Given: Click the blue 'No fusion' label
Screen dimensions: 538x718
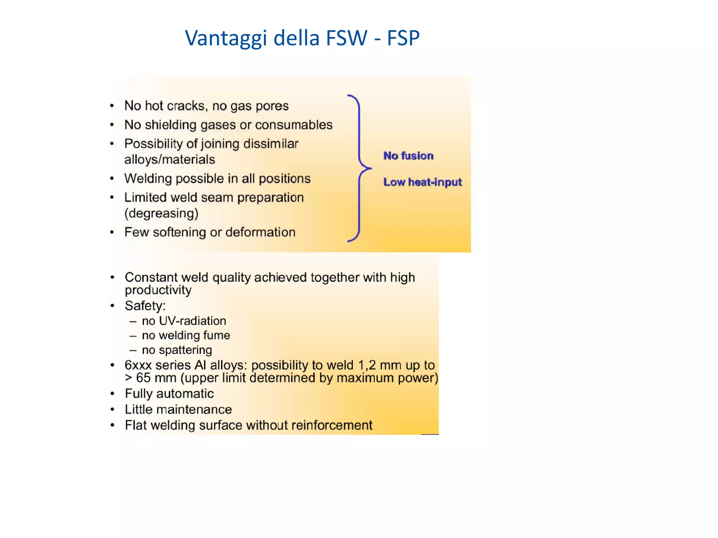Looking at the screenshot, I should tap(408, 156).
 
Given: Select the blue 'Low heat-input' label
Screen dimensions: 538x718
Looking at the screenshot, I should tap(422, 182).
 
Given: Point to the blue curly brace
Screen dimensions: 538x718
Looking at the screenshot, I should tap(359, 168).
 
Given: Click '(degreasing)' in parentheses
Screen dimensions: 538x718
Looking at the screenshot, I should tap(161, 213).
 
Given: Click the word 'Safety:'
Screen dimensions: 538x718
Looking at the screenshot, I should tap(145, 306).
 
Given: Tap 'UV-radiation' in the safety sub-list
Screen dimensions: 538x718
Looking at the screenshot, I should tap(192, 321).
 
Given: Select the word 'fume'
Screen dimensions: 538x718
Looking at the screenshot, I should tap(218, 336).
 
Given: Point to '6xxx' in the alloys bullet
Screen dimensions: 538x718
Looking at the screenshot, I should tap(138, 365).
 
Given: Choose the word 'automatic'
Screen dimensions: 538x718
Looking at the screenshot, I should tap(185, 394).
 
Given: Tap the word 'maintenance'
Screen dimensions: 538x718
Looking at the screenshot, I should tap(194, 409).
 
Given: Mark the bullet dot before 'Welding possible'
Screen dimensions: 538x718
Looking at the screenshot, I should tap(112, 179).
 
